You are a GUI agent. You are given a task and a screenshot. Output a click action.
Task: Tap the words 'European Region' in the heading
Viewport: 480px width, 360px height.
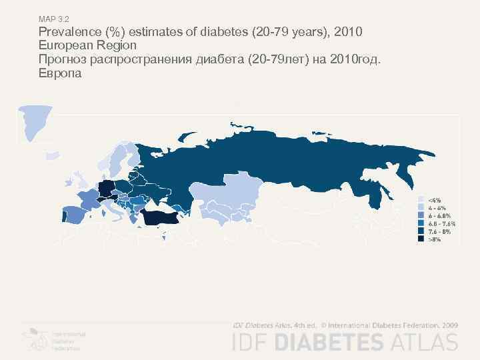tap(87, 46)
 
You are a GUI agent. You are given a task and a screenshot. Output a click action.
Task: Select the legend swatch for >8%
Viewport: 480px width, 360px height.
tap(421, 239)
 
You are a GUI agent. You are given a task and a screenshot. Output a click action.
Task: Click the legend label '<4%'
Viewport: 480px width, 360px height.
tap(434, 199)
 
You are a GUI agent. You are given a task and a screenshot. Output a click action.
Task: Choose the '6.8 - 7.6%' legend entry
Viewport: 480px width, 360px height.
tap(441, 223)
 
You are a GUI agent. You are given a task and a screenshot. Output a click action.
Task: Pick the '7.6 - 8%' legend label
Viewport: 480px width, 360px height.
tap(439, 231)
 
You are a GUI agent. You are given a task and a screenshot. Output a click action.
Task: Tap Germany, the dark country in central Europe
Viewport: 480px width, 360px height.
tap(105, 189)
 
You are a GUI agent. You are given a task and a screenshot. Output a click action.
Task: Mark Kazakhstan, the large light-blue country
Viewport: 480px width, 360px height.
tap(223, 193)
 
